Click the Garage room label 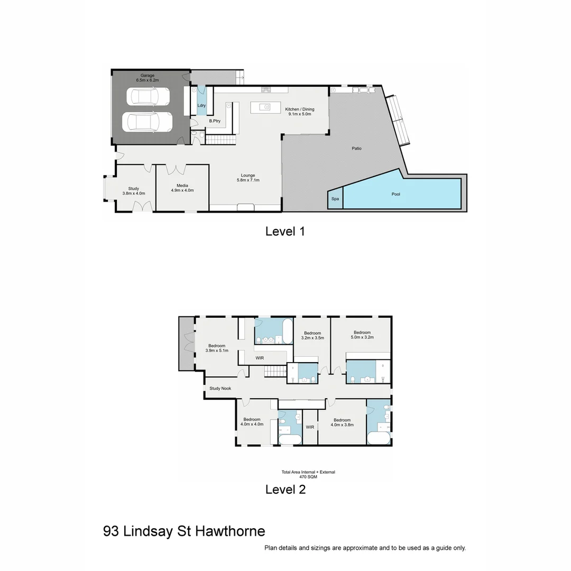coord(148,75)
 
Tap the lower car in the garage coord(148,122)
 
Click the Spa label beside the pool coord(335,199)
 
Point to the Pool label coord(395,194)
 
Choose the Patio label coord(357,149)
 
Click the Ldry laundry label coord(201,105)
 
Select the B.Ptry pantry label coord(214,121)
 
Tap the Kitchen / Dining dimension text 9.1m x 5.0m coord(300,114)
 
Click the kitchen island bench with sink coord(268,107)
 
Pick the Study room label coord(134,189)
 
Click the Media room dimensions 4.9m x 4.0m coord(182,190)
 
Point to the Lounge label coord(248,176)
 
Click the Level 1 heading coord(285,231)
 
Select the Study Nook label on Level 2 coord(220,389)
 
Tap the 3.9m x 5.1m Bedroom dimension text coord(217,351)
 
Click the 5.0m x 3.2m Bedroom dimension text coord(362,337)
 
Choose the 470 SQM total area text coord(308,477)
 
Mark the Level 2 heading coord(285,490)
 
